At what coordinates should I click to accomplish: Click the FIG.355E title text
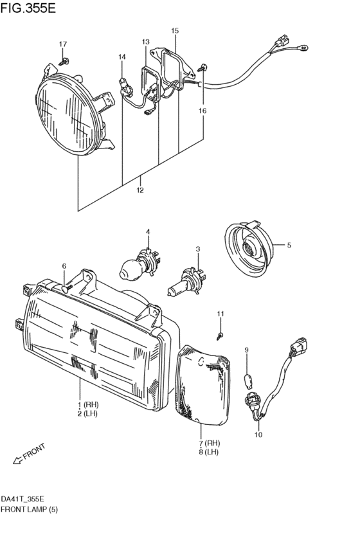[28, 8]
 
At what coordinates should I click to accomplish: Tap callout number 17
[63, 44]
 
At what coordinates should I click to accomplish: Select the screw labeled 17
[64, 62]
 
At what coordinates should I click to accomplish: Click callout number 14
[122, 57]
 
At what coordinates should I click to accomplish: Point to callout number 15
[175, 31]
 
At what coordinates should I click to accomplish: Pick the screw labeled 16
[203, 67]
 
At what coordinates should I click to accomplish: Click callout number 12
[140, 190]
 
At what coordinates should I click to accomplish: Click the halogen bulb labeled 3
[187, 281]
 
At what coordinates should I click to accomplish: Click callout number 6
[64, 266]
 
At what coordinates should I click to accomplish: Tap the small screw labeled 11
[220, 336]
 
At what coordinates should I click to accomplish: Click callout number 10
[258, 435]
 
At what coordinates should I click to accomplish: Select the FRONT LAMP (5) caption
[29, 509]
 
